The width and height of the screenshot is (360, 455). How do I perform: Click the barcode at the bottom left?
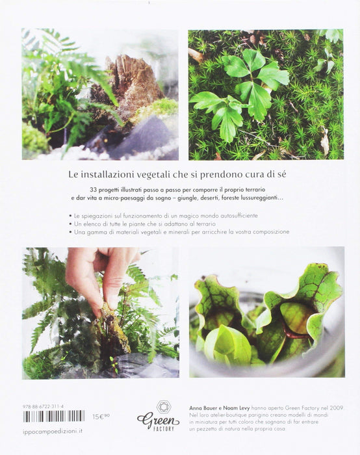click(x=54, y=416)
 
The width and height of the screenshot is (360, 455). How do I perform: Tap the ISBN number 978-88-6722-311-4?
click(x=43, y=406)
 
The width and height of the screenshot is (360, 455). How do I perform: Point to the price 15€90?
click(x=101, y=417)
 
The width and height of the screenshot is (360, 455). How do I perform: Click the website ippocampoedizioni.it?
click(x=52, y=432)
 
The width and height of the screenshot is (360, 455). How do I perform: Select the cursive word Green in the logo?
click(x=158, y=419)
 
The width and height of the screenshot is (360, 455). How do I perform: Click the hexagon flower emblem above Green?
click(x=164, y=407)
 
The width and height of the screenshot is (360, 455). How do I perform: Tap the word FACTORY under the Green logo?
click(x=164, y=428)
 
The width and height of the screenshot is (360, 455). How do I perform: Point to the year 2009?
click(x=337, y=408)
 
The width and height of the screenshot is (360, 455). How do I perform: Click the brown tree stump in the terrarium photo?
click(x=130, y=83)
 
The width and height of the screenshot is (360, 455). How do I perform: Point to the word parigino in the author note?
click(x=255, y=415)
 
